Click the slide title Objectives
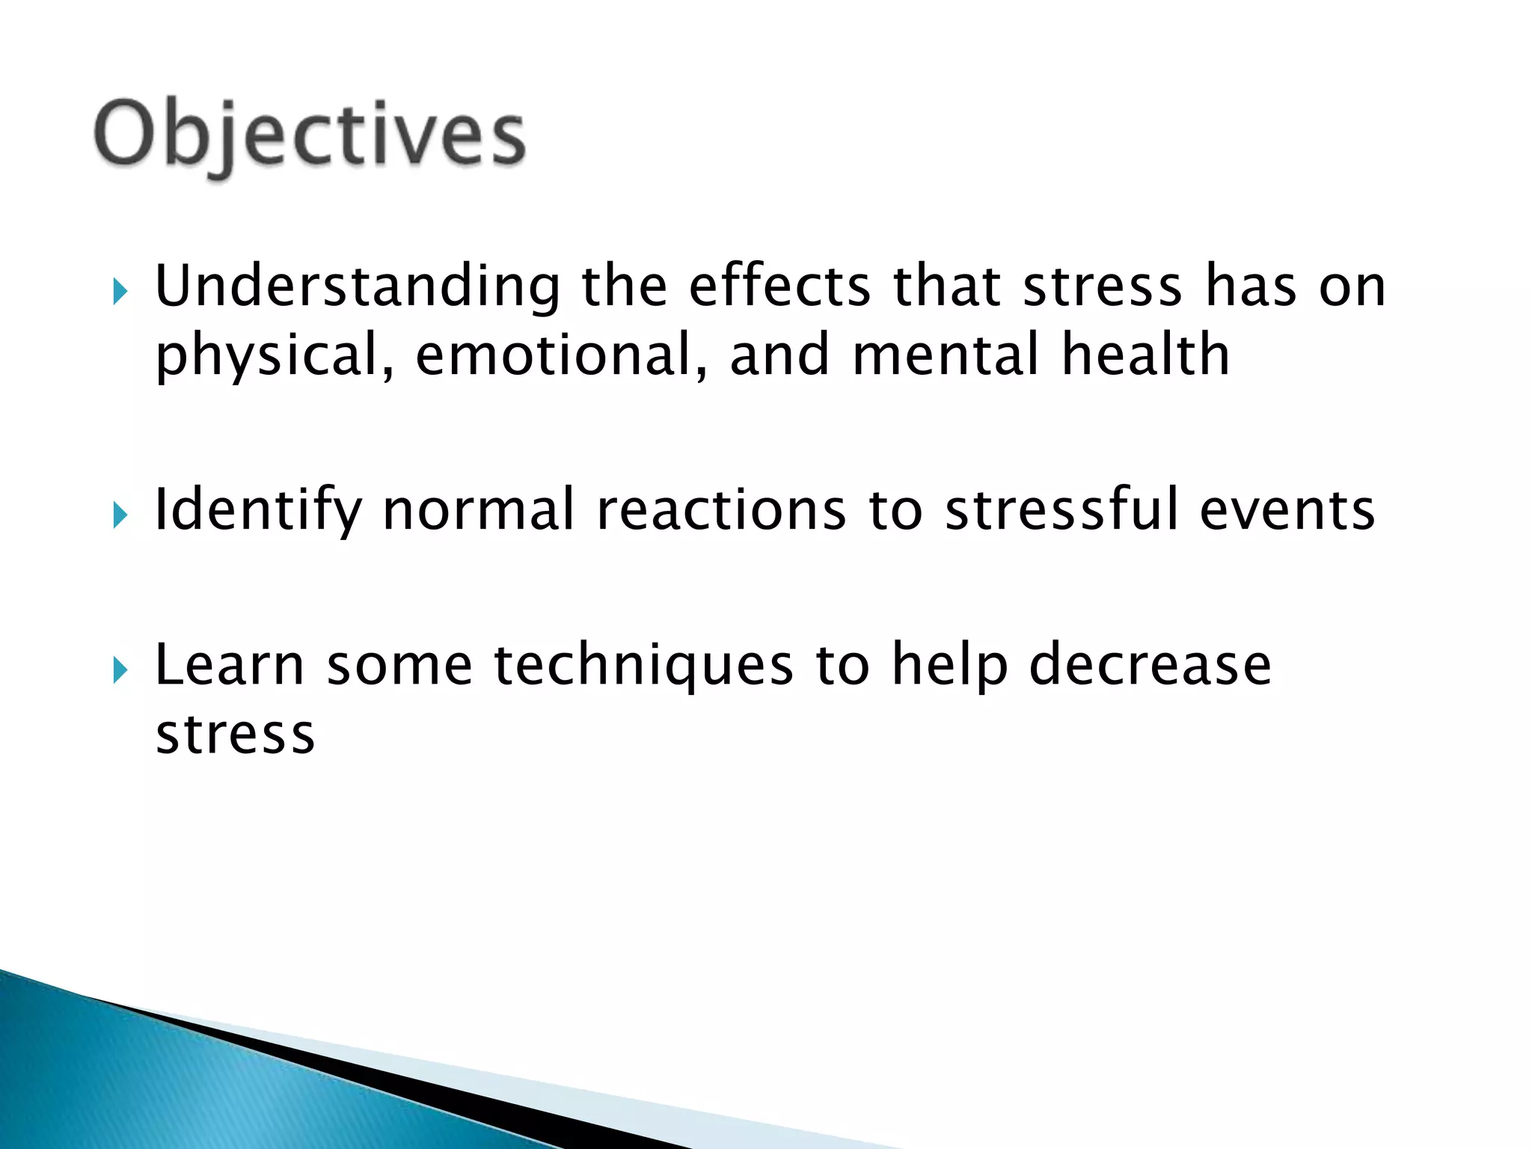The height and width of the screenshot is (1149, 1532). [x=310, y=135]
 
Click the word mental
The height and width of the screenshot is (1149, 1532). [x=946, y=355]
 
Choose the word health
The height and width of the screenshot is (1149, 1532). [x=1145, y=355]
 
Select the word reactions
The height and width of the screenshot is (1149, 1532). [x=721, y=510]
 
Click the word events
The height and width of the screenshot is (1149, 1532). [x=1287, y=510]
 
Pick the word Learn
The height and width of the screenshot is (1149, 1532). [x=230, y=665]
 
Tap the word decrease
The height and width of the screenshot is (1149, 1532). [x=1150, y=665]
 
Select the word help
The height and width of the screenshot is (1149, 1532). [x=949, y=665]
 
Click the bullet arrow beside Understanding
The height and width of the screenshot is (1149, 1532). [x=120, y=292]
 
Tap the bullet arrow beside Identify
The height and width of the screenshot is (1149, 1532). [x=120, y=515]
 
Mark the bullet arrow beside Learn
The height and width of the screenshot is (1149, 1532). [x=120, y=670]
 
